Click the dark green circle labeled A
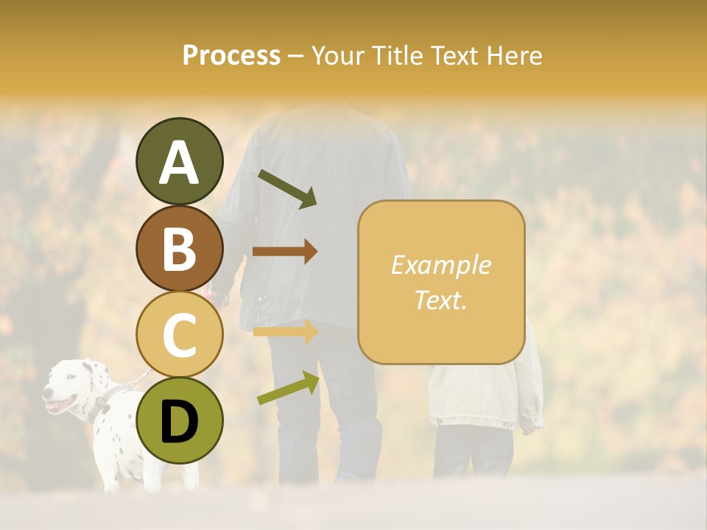point(179,161)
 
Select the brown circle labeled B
point(179,248)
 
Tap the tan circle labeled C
point(179,334)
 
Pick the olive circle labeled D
point(179,420)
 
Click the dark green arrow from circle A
point(286,188)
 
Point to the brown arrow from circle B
point(285,252)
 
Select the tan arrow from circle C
point(285,331)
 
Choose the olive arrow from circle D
point(288,388)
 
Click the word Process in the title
point(231,56)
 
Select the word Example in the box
point(440,265)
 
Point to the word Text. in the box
point(440,300)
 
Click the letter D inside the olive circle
point(179,421)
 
